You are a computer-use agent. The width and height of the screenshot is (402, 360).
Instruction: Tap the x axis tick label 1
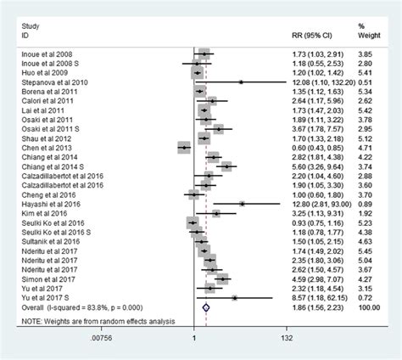tap(194, 339)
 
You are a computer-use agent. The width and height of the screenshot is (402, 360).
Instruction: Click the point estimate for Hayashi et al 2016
tap(242, 204)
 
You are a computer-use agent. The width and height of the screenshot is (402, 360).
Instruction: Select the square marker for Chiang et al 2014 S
tap(226, 166)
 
